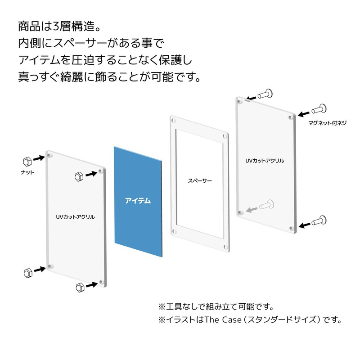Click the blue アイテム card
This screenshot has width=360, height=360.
138,202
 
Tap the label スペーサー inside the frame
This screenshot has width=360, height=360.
200,181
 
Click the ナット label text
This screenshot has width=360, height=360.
27,172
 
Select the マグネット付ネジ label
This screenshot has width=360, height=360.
327,123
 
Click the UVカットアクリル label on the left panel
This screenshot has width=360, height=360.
75,217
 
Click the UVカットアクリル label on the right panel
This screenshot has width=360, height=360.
265,161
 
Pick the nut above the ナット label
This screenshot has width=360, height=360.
27,162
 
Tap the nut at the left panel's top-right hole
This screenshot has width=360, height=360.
79,176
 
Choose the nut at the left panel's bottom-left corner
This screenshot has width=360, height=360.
28,273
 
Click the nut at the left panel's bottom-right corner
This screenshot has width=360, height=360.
80,287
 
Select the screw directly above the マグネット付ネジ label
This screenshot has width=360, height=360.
319,109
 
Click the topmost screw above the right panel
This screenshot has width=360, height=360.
265,94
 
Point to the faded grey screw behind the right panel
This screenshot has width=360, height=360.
267,204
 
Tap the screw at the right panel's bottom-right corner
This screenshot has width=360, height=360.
319,220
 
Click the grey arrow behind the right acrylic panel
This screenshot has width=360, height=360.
252,209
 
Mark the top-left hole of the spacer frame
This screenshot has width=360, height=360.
174,121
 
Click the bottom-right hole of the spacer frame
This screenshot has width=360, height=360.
226,247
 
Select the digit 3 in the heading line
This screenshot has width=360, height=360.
57,27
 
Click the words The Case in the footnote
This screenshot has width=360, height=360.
223,319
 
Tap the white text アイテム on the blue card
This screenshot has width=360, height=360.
138,201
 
